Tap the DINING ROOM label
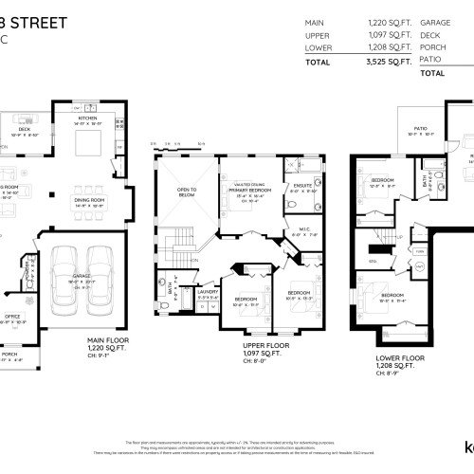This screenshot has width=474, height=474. pyautogui.click(x=89, y=200)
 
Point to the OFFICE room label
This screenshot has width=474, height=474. pyautogui.click(x=12, y=316)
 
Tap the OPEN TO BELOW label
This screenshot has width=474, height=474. pyautogui.click(x=187, y=192)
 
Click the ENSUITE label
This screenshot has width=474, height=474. pyautogui.click(x=302, y=185)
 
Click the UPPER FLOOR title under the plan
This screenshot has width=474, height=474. pyautogui.click(x=265, y=346)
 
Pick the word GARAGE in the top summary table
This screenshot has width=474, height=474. pyautogui.click(x=435, y=21)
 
